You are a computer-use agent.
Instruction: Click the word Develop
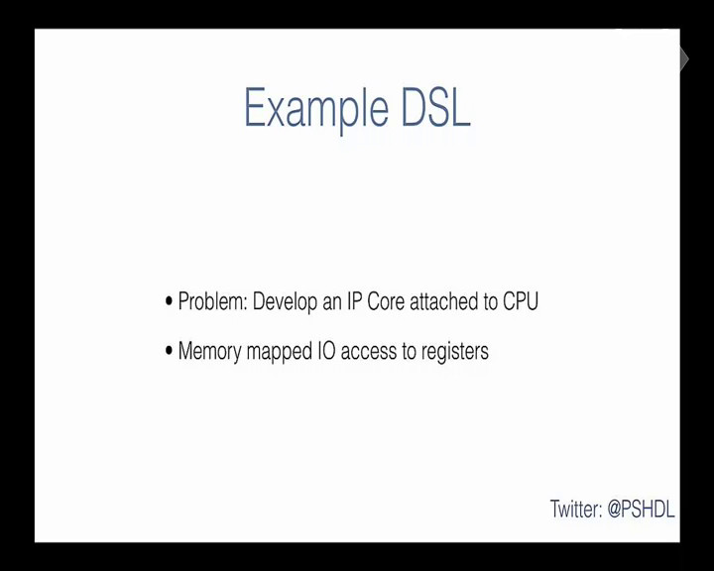point(285,302)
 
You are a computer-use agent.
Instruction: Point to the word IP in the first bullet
point(354,301)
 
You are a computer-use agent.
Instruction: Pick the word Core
point(386,301)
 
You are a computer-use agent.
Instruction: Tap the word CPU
point(521,301)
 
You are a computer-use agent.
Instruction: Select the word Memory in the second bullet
point(209,352)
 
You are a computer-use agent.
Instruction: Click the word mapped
point(279,352)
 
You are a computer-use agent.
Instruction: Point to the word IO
point(326,351)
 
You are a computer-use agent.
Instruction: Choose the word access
point(368,352)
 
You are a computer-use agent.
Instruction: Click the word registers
point(454,352)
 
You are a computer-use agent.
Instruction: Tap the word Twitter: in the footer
point(576,509)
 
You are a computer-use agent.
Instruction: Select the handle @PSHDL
point(641,509)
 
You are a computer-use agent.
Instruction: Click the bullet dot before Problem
point(169,301)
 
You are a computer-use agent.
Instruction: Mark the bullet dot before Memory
point(169,351)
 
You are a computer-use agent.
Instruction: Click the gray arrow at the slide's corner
point(684,59)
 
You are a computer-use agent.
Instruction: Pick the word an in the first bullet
point(332,303)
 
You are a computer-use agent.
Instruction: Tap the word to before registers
point(409,352)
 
